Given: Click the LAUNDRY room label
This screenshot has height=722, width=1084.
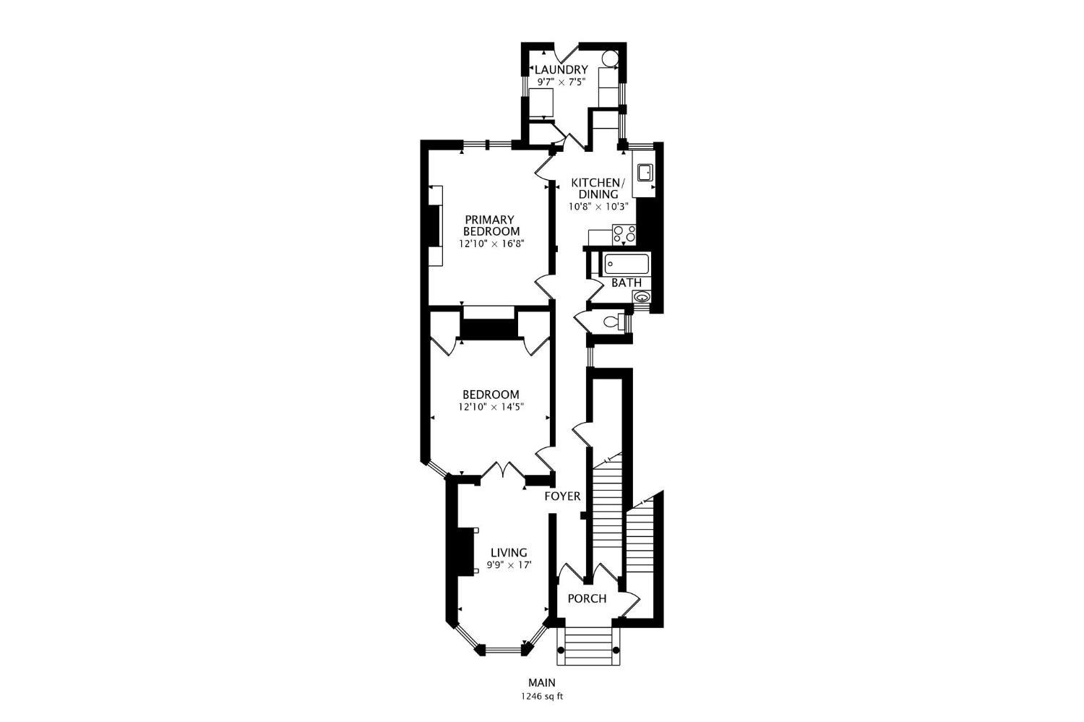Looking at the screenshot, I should pyautogui.click(x=561, y=70).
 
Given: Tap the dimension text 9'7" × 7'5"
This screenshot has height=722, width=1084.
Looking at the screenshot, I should pyautogui.click(x=561, y=83).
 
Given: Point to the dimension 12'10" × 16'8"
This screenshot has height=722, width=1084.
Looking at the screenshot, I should pyautogui.click(x=491, y=244).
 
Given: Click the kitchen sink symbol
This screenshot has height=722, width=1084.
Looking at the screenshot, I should pyautogui.click(x=644, y=172).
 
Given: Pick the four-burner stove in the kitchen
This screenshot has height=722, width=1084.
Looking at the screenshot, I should pyautogui.click(x=624, y=233).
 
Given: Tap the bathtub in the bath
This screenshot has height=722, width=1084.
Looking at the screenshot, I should pyautogui.click(x=627, y=264).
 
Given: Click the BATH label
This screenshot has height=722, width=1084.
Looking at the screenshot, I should pyautogui.click(x=626, y=283).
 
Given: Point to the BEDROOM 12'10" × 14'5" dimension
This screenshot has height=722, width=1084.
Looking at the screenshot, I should pyautogui.click(x=491, y=407).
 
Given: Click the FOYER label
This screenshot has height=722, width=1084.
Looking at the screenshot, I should pyautogui.click(x=562, y=497).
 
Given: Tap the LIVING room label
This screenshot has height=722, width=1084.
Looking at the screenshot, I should pyautogui.click(x=509, y=553).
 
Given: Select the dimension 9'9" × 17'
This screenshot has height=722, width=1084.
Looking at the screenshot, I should pyautogui.click(x=509, y=565).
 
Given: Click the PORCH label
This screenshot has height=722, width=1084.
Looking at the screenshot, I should pyautogui.click(x=587, y=599).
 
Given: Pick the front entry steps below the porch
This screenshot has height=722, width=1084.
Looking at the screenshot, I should pyautogui.click(x=588, y=645).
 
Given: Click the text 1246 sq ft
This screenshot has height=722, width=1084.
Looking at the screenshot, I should pyautogui.click(x=541, y=697).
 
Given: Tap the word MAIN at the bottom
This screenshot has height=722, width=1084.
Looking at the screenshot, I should pyautogui.click(x=541, y=682).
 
